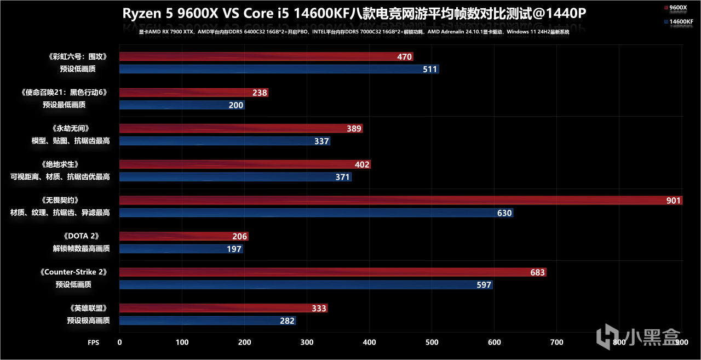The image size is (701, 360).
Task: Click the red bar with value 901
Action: [400, 201]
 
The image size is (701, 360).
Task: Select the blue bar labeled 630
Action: [316, 213]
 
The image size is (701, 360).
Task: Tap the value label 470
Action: [404, 57]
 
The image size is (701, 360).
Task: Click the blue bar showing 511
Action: [279, 69]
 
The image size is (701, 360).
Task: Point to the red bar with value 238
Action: [193, 93]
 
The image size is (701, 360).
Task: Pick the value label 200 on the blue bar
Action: [236, 105]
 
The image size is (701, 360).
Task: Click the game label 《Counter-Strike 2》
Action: [73, 272]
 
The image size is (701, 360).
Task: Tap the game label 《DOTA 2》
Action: [82, 236]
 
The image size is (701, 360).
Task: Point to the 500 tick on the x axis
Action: [432, 342]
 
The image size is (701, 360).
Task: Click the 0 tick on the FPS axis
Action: [120, 342]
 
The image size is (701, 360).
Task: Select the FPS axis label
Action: [94, 342]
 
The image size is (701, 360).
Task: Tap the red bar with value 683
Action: [332, 272]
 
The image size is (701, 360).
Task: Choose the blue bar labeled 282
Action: [208, 321]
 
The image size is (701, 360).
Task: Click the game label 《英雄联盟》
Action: [88, 308]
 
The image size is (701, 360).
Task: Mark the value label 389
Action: [354, 129]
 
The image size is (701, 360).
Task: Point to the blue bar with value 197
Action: [181, 249]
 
